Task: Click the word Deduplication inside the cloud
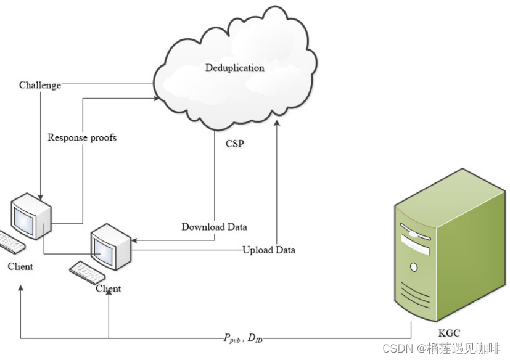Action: point(234,67)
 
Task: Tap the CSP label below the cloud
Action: point(234,144)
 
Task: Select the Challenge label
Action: point(40,84)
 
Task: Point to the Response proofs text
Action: point(82,137)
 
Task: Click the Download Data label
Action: point(214,227)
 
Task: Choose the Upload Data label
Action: point(268,250)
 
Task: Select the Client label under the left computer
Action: point(20,266)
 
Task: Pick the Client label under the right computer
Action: point(109,288)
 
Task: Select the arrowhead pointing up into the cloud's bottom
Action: point(277,126)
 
